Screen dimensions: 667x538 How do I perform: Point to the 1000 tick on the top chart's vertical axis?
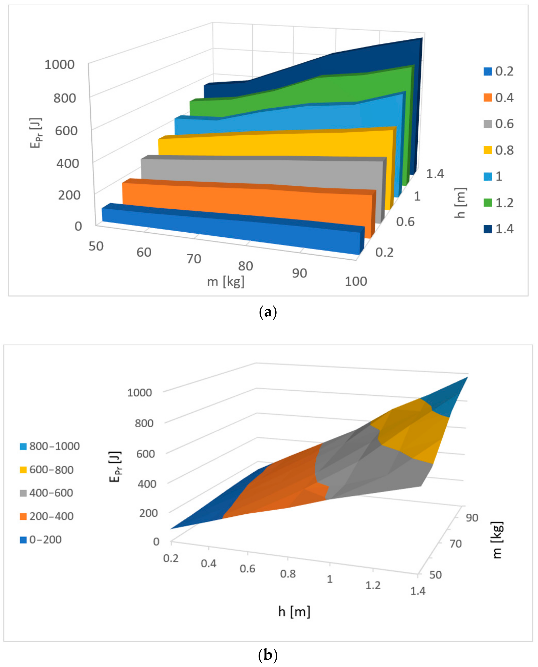click(60, 65)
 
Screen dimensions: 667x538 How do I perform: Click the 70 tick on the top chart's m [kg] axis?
click(194, 259)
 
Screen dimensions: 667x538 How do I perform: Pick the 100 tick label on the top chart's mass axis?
click(356, 281)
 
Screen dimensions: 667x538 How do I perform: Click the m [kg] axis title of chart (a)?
click(226, 282)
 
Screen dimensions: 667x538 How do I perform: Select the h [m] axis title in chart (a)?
click(461, 203)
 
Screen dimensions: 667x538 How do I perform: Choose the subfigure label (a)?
click(267, 312)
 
